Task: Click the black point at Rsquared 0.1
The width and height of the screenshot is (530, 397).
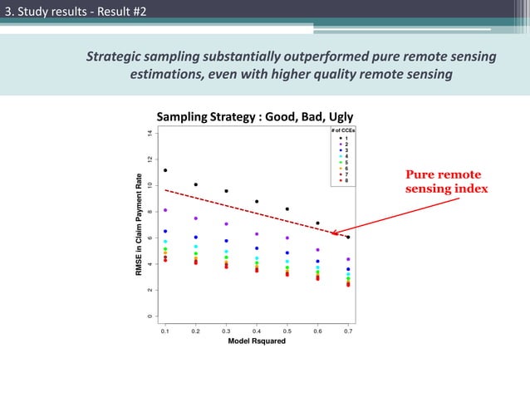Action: pos(165,170)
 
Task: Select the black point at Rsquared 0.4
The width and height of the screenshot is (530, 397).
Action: pos(257,202)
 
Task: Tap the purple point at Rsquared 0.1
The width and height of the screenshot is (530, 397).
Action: pos(165,210)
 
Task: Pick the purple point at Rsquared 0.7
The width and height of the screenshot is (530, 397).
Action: pos(348,260)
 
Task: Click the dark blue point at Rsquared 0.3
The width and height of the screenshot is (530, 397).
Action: pos(226,241)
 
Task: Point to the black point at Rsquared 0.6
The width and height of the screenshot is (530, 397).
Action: pos(317,223)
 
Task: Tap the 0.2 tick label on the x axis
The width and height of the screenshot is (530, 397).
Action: pos(196,331)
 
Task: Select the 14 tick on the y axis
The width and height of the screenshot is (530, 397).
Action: pos(150,133)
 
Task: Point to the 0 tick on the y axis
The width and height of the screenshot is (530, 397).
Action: pos(150,316)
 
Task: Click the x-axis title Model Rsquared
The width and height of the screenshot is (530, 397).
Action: pos(257,341)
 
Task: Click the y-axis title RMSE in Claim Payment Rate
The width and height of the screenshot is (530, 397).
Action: pos(141,225)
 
